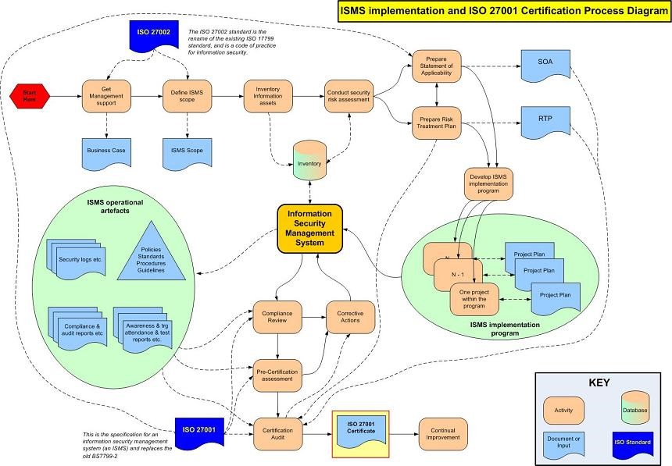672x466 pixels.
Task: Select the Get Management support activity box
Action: coord(105,97)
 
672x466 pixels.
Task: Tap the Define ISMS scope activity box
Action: coord(187,97)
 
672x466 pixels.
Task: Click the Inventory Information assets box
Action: coord(268,97)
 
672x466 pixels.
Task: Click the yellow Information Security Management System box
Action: coord(310,229)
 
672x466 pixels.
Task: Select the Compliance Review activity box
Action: coord(277,317)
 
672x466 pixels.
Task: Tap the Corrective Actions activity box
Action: coord(349,317)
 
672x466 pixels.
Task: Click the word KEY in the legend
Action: coord(599,383)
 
